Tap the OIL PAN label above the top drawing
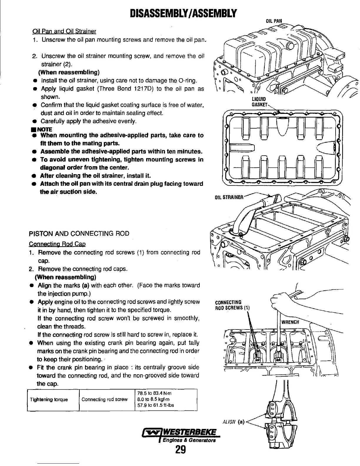tap(274, 21)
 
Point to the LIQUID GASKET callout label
tap(259, 101)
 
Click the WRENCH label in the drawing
tap(290, 322)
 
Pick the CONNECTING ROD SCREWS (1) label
tap(232, 305)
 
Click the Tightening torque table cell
tap(49, 400)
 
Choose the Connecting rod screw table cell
tap(104, 400)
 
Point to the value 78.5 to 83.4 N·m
tap(154, 393)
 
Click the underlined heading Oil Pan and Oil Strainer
tap(64, 31)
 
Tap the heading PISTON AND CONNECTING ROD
tap(79, 234)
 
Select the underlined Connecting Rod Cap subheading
tap(57, 244)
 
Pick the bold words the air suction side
tap(69, 192)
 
